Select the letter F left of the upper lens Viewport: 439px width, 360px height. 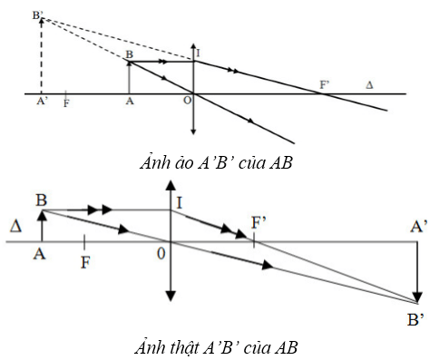[66, 103]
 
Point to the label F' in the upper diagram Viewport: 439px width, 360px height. [324, 84]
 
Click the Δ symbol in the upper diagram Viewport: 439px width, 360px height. [368, 84]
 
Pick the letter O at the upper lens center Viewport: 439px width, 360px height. [186, 101]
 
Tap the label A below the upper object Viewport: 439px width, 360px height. [131, 102]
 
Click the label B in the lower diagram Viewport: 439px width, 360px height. [41, 197]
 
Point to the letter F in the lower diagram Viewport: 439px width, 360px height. [84, 261]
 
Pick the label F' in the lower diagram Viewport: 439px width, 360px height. [259, 222]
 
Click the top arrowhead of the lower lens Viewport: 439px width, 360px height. [170, 185]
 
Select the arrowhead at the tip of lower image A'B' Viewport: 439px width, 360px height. [416, 297]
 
